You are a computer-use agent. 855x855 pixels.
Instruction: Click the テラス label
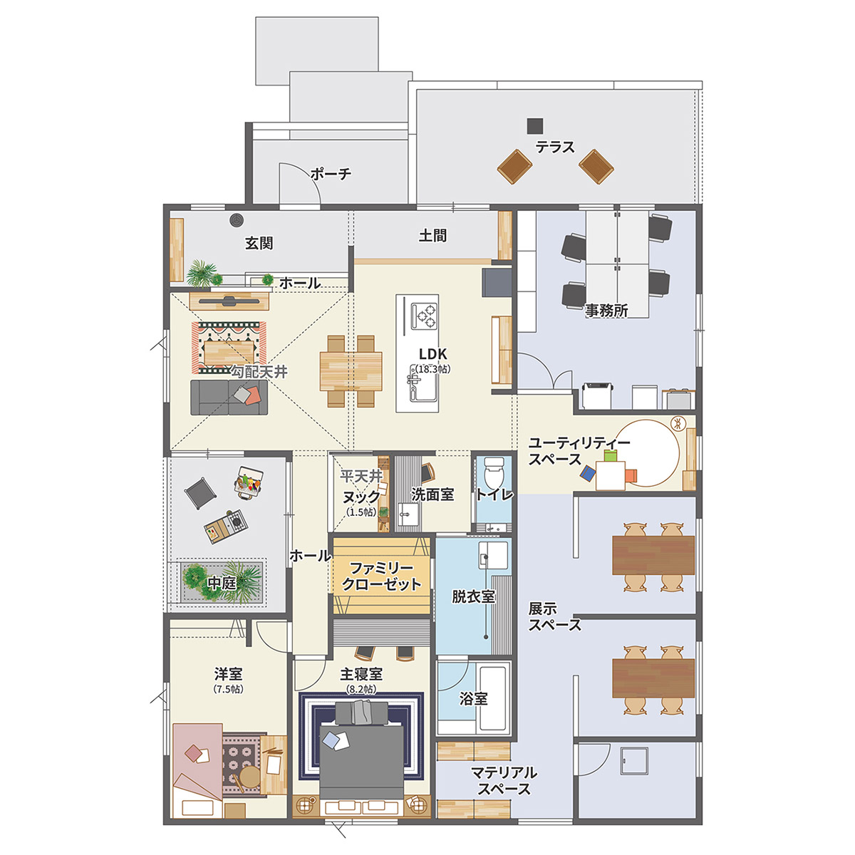pos(554,147)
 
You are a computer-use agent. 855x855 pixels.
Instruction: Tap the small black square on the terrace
pos(535,126)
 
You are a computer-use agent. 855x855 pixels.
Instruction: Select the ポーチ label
pos(331,173)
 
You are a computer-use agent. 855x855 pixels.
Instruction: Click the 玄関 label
pos(259,243)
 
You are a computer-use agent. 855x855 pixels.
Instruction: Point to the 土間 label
pos(432,236)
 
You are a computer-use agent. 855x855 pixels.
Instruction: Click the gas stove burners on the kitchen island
pos(424,316)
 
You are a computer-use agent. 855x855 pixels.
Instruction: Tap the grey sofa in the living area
pos(229,397)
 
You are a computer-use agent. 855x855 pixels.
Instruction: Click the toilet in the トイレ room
pos(493,472)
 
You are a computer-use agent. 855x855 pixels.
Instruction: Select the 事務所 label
pos(606,311)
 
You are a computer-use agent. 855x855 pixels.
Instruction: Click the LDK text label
pos(433,353)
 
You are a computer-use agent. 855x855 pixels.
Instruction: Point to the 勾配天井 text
pos(259,372)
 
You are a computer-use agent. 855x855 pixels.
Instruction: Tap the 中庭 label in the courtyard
pos(222,583)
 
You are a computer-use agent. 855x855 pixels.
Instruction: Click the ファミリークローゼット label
pos(382,576)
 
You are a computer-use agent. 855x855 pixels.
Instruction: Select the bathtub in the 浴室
pos(493,705)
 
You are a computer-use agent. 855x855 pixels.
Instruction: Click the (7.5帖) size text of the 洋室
pos(228,690)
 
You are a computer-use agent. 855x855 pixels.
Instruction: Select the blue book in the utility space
pos(587,472)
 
